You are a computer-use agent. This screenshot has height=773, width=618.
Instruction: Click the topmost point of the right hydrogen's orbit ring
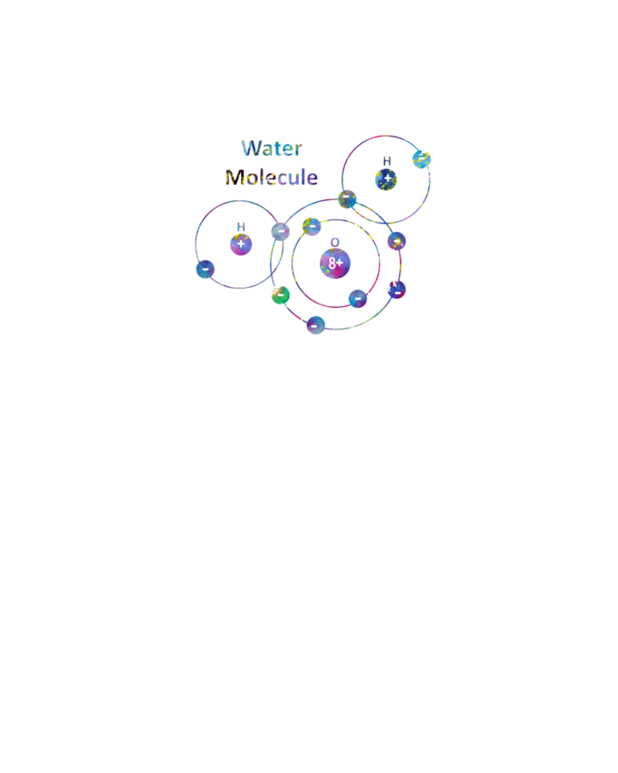click(x=386, y=136)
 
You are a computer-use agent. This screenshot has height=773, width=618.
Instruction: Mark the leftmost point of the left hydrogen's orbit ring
click(x=196, y=245)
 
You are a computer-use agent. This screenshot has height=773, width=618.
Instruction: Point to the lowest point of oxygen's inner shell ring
click(x=336, y=307)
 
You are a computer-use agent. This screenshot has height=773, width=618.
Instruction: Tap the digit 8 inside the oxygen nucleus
click(x=332, y=263)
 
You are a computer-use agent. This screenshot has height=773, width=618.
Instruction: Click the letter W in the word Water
click(x=251, y=148)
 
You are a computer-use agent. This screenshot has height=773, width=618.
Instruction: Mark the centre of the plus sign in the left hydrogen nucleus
click(x=240, y=244)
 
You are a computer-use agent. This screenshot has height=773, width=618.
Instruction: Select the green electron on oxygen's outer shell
click(x=281, y=295)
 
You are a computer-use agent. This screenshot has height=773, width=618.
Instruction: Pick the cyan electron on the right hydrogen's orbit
click(x=421, y=160)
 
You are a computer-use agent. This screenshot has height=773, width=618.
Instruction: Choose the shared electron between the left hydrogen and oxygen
click(x=281, y=232)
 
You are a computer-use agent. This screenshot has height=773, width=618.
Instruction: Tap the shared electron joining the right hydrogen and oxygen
click(x=347, y=199)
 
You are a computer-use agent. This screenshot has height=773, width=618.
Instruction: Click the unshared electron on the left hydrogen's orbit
click(x=205, y=270)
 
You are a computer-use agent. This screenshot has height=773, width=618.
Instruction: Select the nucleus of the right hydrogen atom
click(x=386, y=179)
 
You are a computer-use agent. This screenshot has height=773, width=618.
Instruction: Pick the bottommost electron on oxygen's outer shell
click(x=316, y=325)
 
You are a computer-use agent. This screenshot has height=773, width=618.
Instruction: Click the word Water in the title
click(x=272, y=148)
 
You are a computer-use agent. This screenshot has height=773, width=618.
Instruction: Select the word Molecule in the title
click(x=271, y=177)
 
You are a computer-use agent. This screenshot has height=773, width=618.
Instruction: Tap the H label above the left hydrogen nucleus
click(x=241, y=227)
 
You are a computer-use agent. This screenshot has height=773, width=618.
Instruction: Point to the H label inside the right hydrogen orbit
click(x=387, y=161)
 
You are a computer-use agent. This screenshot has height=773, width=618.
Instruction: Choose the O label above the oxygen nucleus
click(x=335, y=243)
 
